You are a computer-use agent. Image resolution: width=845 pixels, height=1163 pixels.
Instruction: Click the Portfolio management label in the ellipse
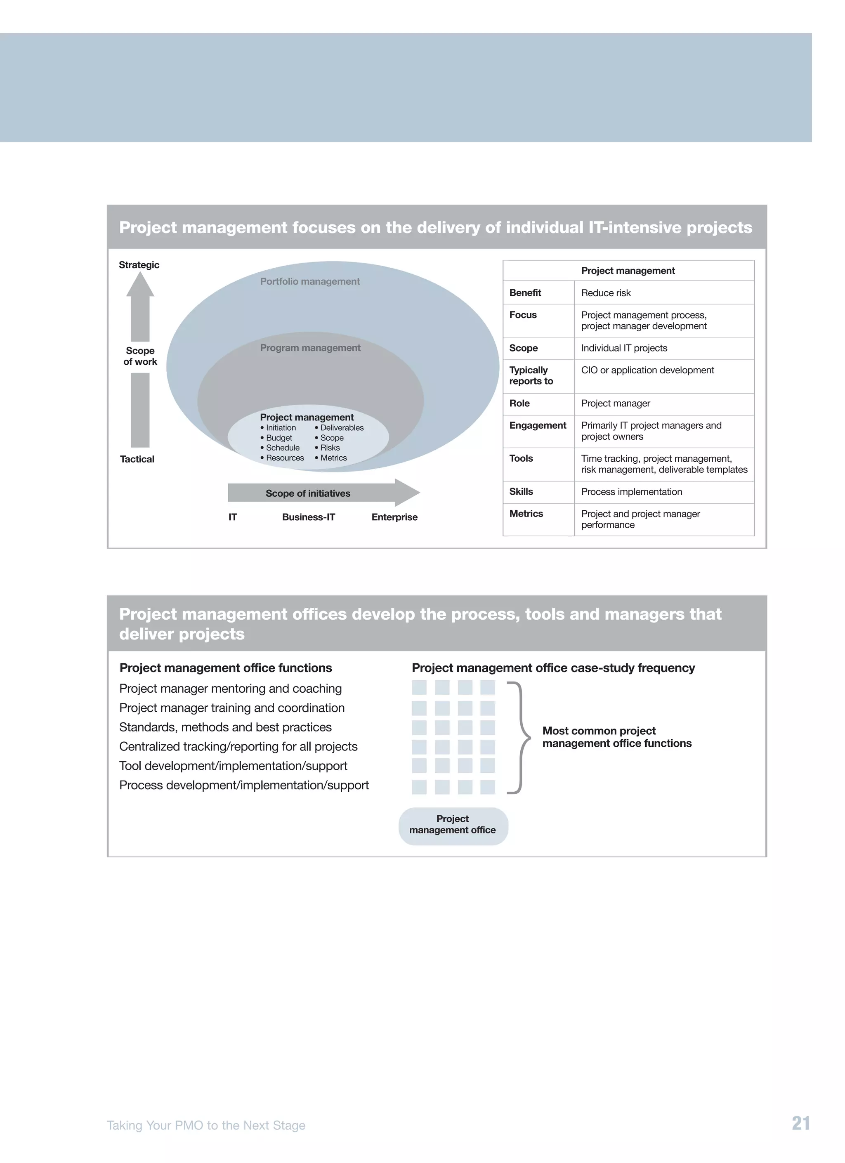pyautogui.click(x=310, y=281)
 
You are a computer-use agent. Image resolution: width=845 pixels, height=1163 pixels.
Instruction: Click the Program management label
pyautogui.click(x=310, y=348)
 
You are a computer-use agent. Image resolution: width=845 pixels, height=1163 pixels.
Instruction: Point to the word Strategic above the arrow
pyautogui.click(x=139, y=264)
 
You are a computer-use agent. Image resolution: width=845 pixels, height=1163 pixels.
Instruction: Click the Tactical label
pyautogui.click(x=137, y=459)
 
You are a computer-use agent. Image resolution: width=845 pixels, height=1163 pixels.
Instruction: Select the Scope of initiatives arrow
pyautogui.click(x=318, y=493)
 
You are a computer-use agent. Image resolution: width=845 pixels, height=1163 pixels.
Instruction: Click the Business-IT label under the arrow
pyautogui.click(x=308, y=517)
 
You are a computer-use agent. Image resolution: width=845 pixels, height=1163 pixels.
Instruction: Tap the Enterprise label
pyautogui.click(x=394, y=517)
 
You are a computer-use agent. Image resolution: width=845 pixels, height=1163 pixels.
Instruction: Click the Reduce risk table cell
pyautogui.click(x=606, y=293)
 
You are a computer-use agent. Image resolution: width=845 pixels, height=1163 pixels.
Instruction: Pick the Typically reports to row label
pyautogui.click(x=531, y=375)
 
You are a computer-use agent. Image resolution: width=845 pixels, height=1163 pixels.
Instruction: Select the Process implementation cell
pyautogui.click(x=631, y=492)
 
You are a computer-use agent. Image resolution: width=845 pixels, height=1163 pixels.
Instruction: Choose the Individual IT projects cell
pyautogui.click(x=624, y=348)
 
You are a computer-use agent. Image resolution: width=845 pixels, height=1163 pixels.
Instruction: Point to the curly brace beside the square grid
pyautogui.click(x=522, y=737)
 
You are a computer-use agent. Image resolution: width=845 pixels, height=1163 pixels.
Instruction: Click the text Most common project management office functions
pyautogui.click(x=616, y=737)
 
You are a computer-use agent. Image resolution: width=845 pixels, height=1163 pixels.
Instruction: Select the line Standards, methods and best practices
pyautogui.click(x=225, y=727)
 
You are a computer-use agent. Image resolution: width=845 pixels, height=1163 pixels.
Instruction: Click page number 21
pyautogui.click(x=800, y=1123)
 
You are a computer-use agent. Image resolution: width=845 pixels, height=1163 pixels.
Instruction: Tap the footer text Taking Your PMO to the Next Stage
pyautogui.click(x=205, y=1125)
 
